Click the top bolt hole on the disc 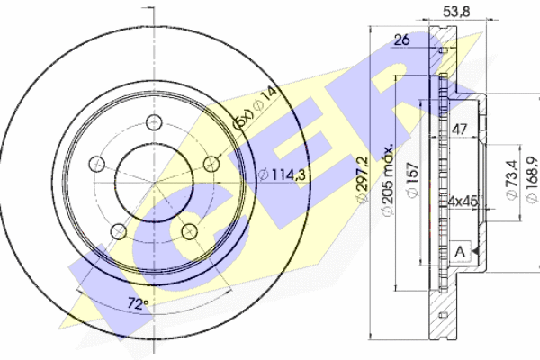154,122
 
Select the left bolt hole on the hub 97,164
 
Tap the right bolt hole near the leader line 211,164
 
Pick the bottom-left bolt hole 119,231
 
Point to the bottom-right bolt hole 189,231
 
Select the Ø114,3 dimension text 282,175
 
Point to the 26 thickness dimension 402,40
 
